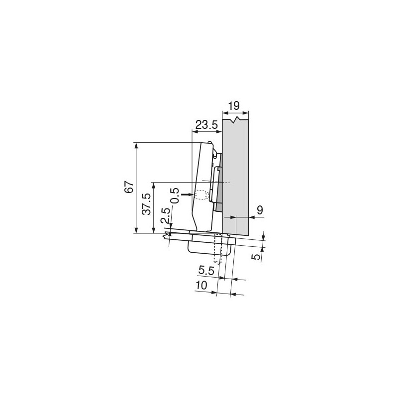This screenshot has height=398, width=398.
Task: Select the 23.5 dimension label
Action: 206,125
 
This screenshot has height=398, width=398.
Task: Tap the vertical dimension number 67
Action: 129,188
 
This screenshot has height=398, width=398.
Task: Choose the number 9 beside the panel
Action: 259,211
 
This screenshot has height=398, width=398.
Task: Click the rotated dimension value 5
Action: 255,257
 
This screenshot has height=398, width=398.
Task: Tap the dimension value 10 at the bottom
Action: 201,285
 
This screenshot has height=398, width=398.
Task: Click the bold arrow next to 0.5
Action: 187,195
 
